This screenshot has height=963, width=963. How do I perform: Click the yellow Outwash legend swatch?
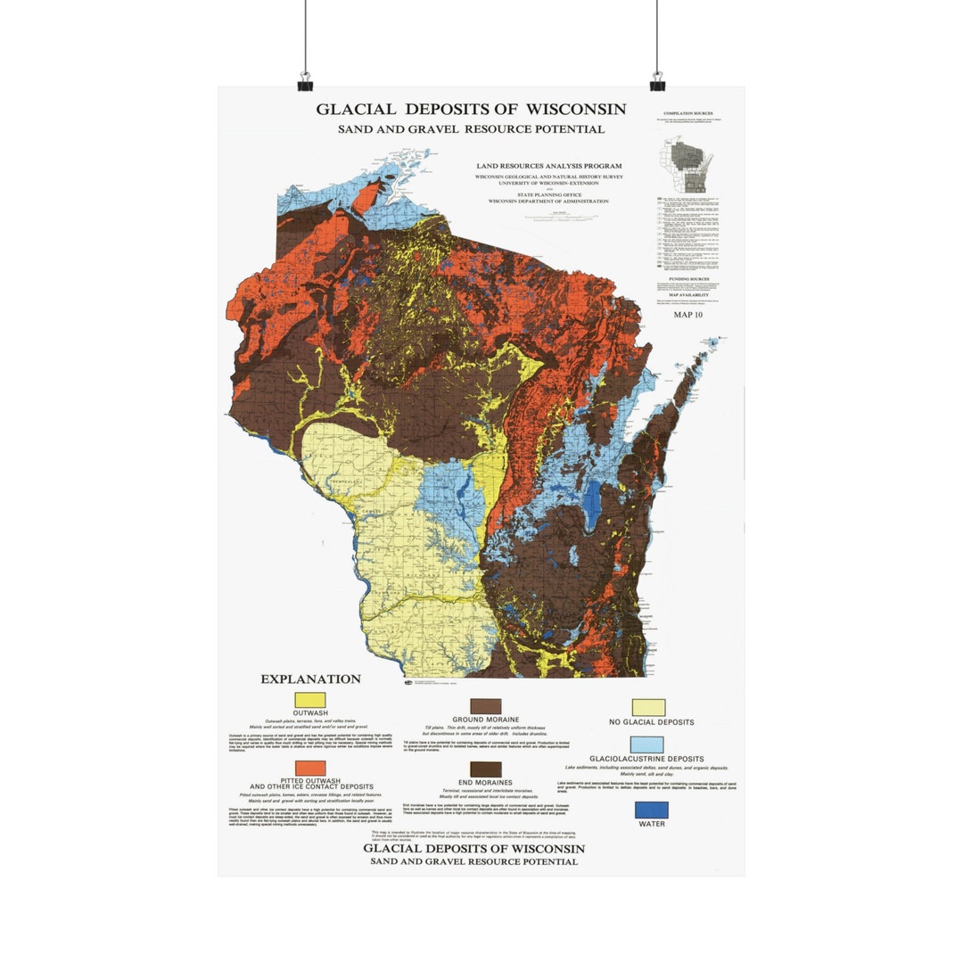coord(310,700)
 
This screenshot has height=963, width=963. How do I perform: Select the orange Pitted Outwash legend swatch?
coord(310,768)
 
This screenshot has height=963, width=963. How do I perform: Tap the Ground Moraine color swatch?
coord(486,706)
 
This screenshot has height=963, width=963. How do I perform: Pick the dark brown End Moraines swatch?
coord(486,769)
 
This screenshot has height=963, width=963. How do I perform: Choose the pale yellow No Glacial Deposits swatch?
coord(648,707)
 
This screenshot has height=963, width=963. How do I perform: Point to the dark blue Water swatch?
coord(651,810)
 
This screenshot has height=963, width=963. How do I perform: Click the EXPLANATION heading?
coord(310,679)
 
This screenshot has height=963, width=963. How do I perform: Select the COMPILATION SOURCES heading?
coord(687,114)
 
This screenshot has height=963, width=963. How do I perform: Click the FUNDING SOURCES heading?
coord(687,278)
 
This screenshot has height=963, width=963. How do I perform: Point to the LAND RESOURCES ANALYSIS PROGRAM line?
coord(548,166)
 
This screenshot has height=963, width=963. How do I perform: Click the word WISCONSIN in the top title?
coord(575,110)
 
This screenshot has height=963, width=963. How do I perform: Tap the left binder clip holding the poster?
coord(305,82)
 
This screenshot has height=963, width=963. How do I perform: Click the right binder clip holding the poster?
coord(657,82)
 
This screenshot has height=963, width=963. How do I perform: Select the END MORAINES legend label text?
coord(485,782)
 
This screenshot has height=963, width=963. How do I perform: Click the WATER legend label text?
coord(651,824)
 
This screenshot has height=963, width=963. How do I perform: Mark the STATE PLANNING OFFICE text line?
coord(548,194)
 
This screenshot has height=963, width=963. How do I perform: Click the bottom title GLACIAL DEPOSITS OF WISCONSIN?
coord(473,849)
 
